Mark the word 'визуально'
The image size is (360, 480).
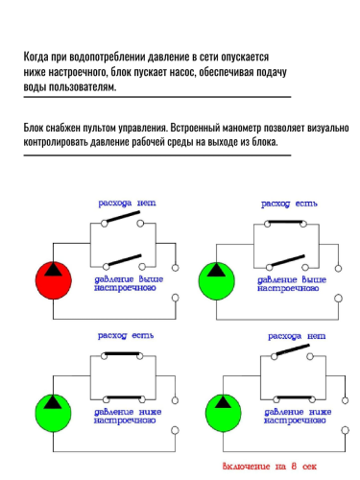coord(324,126)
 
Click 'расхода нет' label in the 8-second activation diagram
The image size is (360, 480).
coord(298,337)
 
